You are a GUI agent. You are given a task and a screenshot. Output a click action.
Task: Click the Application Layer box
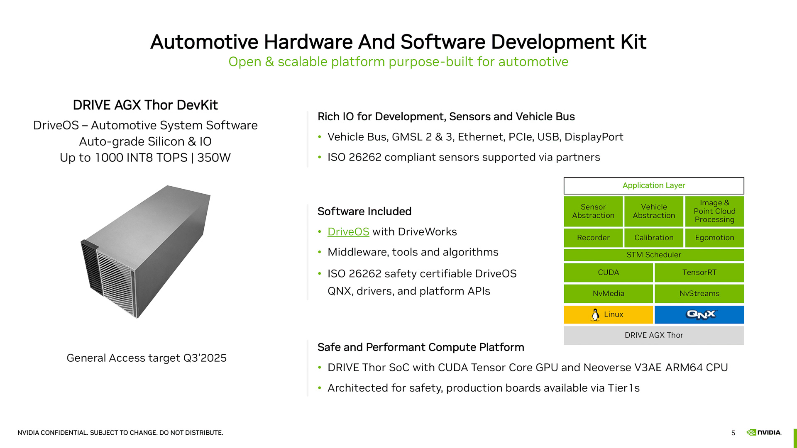654,186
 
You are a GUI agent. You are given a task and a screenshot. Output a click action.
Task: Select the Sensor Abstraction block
593,212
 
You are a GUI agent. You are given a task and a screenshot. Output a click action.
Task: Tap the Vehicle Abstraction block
654,212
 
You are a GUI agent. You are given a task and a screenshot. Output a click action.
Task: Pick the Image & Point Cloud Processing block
714,212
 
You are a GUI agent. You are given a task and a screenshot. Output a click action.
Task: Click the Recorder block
593,238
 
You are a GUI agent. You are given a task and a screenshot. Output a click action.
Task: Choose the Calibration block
654,238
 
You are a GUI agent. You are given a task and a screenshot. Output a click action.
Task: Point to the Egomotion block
714,238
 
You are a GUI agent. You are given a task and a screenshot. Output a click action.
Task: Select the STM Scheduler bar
654,255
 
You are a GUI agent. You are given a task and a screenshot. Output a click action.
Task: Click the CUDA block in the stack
608,273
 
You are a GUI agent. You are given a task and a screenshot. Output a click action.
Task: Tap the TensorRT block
699,273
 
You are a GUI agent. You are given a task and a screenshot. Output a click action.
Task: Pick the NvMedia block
608,294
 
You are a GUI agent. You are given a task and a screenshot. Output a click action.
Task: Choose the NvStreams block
699,294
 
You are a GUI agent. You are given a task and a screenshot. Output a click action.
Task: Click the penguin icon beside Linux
595,315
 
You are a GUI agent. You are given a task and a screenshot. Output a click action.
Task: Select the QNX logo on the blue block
701,315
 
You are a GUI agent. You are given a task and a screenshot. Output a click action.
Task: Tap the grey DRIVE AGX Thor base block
654,336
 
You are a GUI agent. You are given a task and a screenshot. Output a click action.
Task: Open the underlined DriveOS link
348,232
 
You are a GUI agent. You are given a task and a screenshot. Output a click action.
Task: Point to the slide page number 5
733,433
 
